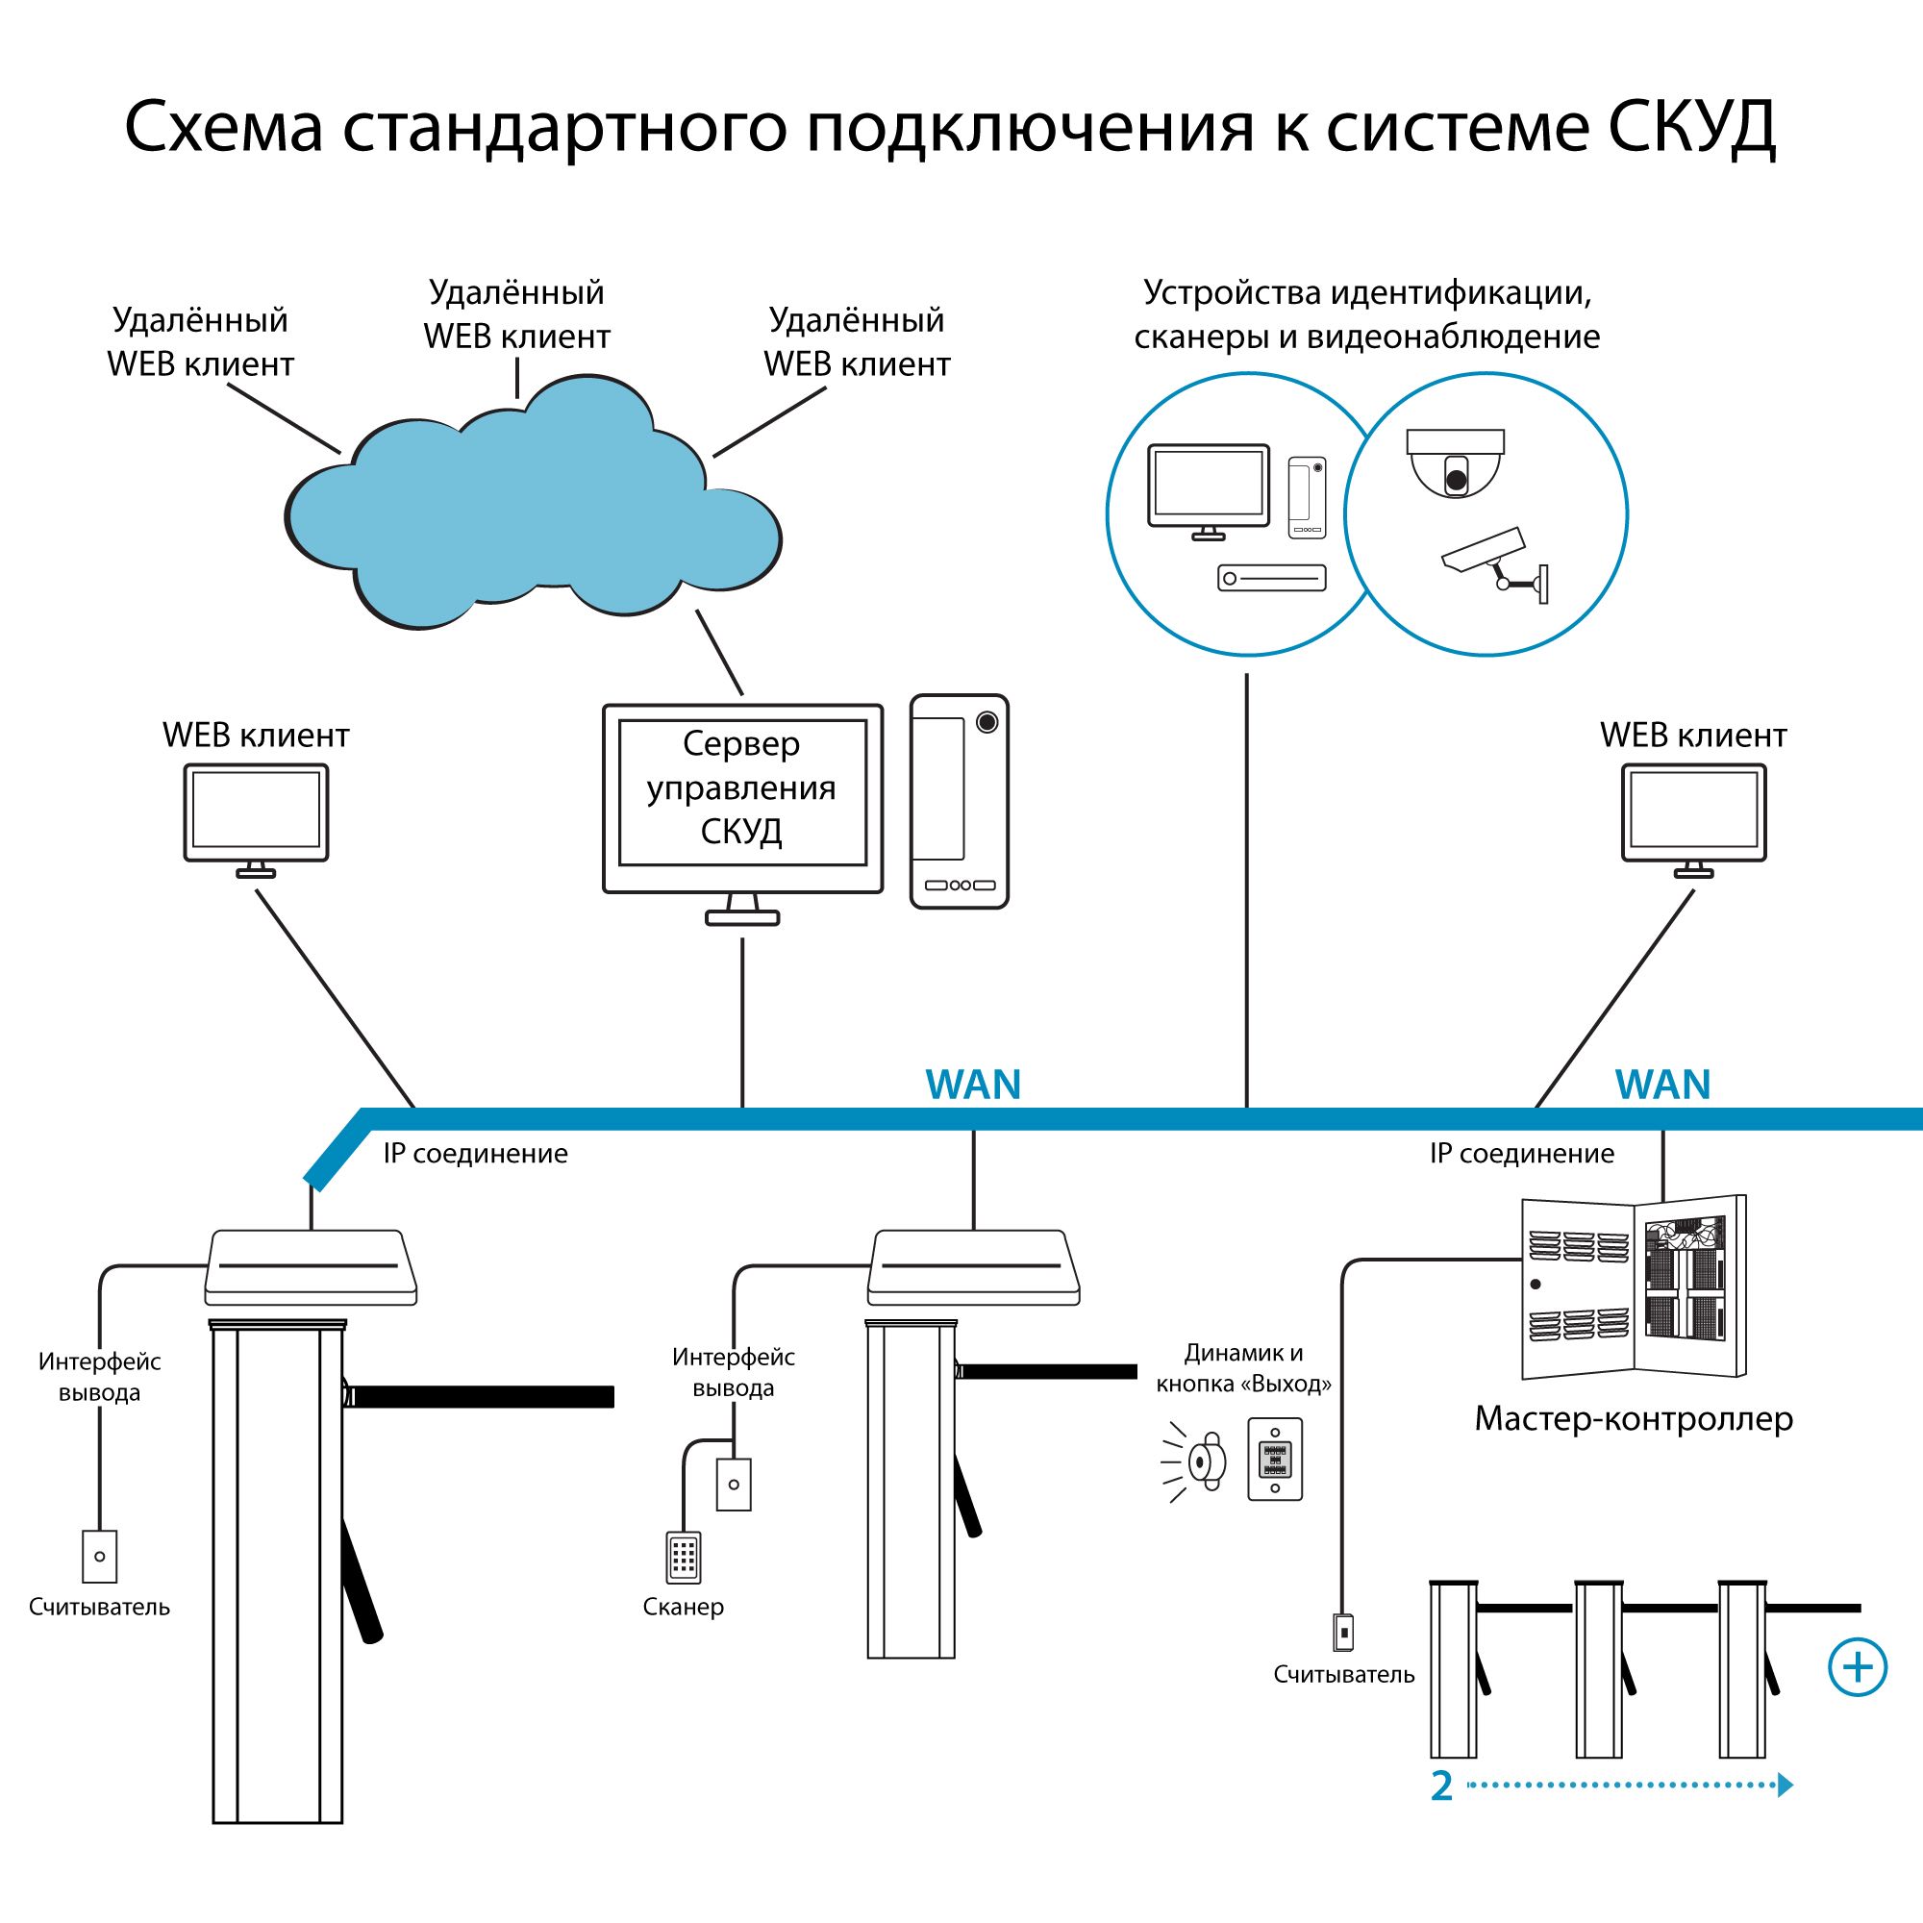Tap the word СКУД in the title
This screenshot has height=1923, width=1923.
[1692, 128]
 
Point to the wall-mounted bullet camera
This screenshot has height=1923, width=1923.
[1493, 563]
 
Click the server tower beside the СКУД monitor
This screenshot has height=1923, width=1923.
[959, 801]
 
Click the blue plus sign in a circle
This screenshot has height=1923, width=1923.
[1858, 1666]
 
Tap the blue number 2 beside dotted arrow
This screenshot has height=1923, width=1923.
[1441, 1786]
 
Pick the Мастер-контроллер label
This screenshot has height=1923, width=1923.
[1634, 1418]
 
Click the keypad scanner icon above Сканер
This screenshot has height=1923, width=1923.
[683, 1557]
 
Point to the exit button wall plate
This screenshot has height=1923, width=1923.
[1274, 1460]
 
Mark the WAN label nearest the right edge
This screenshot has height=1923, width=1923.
[1662, 1084]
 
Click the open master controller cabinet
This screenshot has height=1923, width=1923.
[1634, 1287]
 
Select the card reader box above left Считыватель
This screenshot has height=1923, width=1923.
[100, 1556]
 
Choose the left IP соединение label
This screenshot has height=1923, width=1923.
[476, 1154]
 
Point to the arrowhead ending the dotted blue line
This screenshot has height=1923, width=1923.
[1785, 1785]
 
